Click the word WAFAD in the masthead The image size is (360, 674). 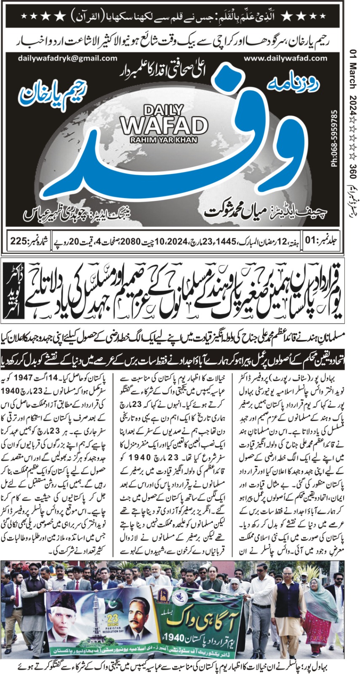click(164, 125)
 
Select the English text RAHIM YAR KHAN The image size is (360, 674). click(165, 139)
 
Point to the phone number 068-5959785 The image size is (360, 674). click(335, 139)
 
